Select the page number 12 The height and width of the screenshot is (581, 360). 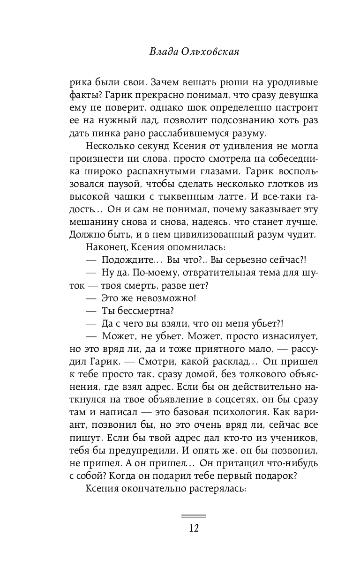[x=194, y=529]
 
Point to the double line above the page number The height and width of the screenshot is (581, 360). [x=194, y=516]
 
